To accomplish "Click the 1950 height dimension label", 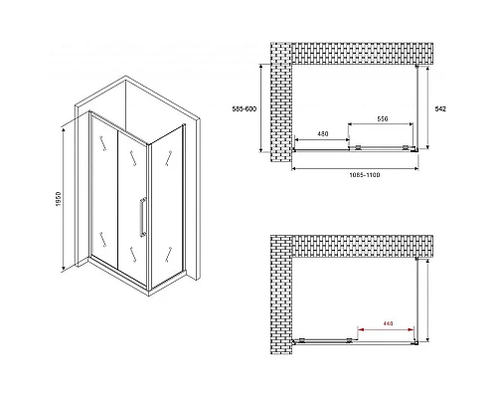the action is [x=59, y=200].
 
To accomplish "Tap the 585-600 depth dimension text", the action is [x=245, y=108].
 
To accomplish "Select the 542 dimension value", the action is [x=441, y=108].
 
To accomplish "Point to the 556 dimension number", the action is [x=383, y=118].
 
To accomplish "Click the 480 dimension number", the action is [x=323, y=134].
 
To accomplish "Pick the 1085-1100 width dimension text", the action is [x=365, y=175].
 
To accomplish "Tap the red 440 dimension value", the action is [x=388, y=323].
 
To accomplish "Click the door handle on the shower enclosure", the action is [x=143, y=217].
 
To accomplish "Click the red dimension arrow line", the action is [x=386, y=329].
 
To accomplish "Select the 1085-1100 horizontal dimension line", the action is [x=355, y=168].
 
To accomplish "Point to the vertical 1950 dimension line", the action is [x=63, y=200].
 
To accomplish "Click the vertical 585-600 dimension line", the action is [x=261, y=107].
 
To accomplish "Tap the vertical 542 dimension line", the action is [x=427, y=107].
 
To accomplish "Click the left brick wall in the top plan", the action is [x=281, y=102].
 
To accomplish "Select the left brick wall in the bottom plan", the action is [x=281, y=295].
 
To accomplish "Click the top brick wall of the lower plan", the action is [x=362, y=246].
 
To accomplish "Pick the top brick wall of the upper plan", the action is [x=362, y=54].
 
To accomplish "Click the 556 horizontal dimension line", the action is [x=381, y=124].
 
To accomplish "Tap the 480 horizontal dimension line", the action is [x=321, y=139].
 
